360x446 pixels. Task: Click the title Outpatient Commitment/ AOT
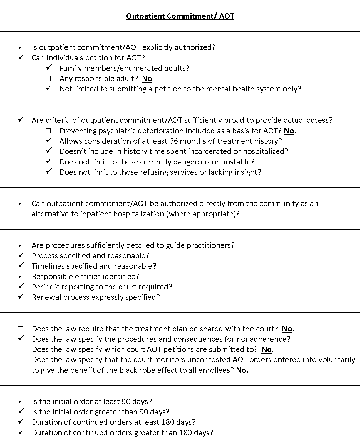coord(180,16)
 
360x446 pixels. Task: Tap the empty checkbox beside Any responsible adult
coord(48,79)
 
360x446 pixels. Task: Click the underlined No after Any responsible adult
coord(147,79)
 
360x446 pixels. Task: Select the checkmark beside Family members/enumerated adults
coord(49,68)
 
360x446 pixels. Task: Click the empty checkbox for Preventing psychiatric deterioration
coord(48,131)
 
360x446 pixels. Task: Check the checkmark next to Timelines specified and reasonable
coord(21,265)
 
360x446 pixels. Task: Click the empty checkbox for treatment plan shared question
coord(20,329)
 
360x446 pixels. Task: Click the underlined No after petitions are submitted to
coord(267,349)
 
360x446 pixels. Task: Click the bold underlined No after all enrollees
coord(241,370)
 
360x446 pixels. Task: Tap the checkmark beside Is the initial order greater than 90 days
coord(21,411)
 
